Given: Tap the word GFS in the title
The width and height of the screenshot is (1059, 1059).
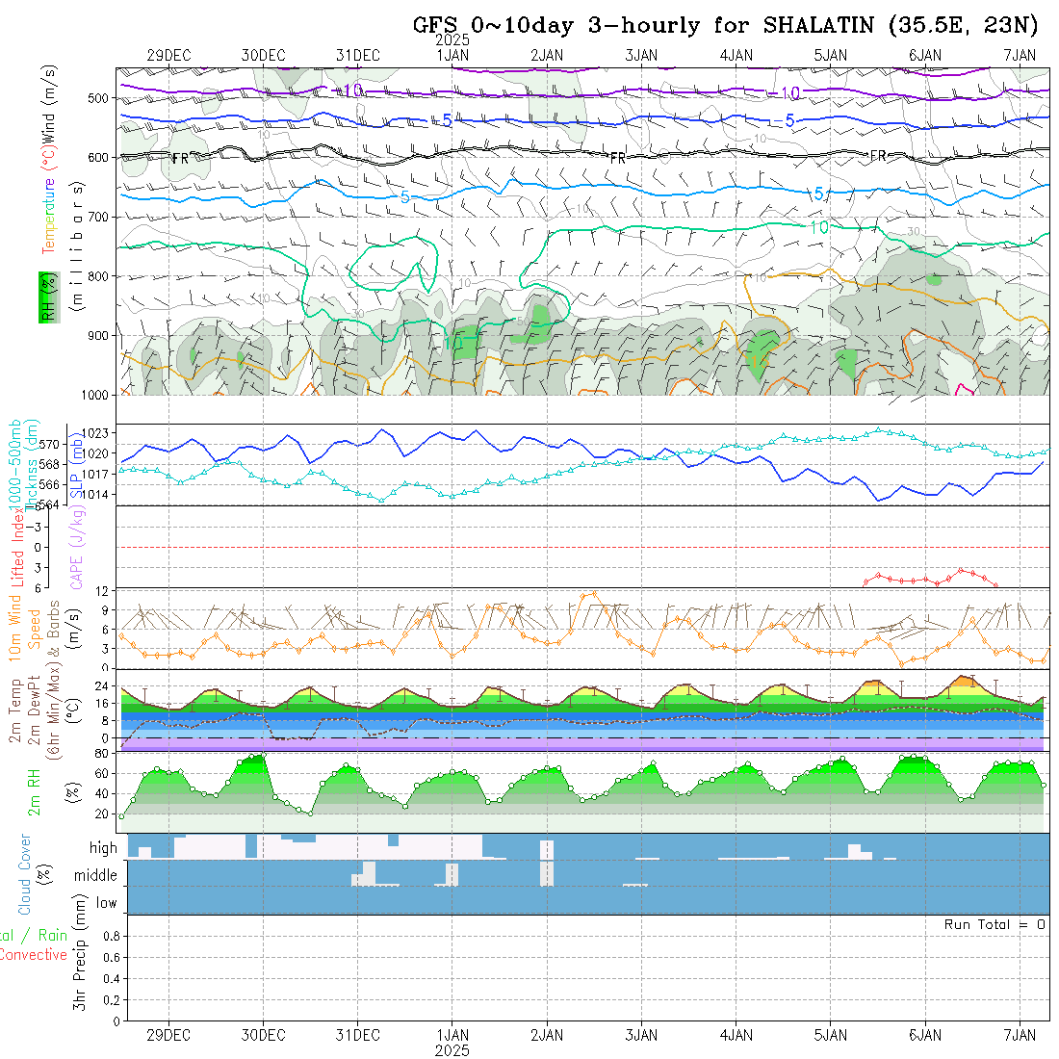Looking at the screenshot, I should point(435,26).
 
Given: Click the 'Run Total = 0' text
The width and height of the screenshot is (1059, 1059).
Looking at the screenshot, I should point(994,924).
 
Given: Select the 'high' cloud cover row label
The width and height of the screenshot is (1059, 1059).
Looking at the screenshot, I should point(103,848).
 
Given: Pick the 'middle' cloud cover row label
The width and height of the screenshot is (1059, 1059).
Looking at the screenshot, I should point(96,876).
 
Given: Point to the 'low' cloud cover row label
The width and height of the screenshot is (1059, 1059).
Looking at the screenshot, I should point(106,903).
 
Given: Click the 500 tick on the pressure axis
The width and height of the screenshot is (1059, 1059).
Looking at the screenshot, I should point(101,98).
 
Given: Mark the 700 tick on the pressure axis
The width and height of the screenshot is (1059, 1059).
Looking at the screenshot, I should point(101,217).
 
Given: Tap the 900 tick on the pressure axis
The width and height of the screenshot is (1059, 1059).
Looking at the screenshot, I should point(101,335).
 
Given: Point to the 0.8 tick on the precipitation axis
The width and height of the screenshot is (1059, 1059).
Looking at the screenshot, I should point(110,936).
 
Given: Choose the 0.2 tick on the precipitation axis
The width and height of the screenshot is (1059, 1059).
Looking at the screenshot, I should point(110,999).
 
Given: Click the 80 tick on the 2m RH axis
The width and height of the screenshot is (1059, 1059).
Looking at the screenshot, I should point(101,753).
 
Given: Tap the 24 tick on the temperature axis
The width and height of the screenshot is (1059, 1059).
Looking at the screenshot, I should point(101,686).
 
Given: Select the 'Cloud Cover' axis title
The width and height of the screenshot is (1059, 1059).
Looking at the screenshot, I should point(25,874).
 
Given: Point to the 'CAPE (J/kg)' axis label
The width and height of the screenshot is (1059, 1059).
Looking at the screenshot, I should point(75,547).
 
